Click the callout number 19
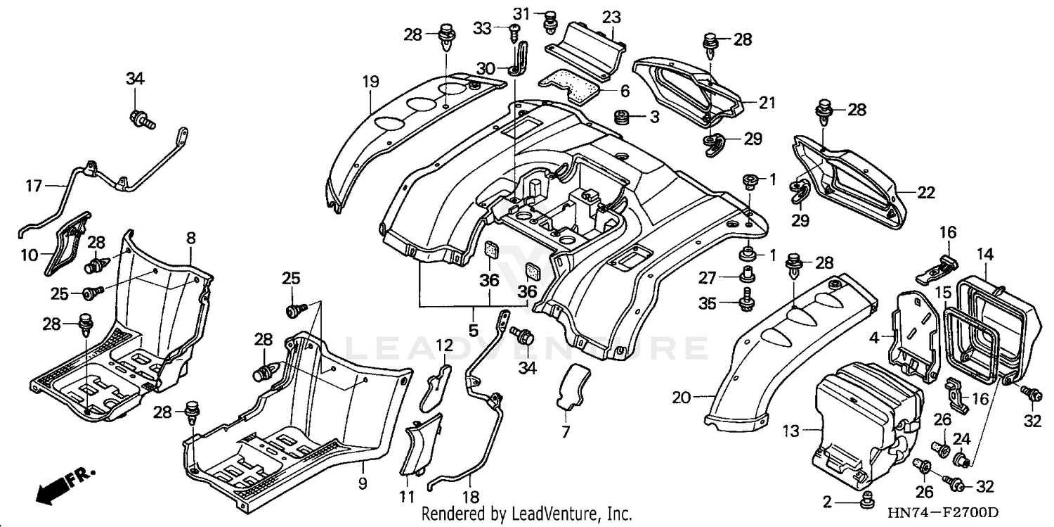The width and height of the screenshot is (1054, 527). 370,82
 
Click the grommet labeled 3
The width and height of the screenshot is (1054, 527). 621,117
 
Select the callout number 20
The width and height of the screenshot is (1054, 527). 680,398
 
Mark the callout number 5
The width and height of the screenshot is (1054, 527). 473,329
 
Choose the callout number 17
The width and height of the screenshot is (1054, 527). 34,186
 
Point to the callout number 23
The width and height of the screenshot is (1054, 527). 611,17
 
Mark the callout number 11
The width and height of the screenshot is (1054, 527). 406,497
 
